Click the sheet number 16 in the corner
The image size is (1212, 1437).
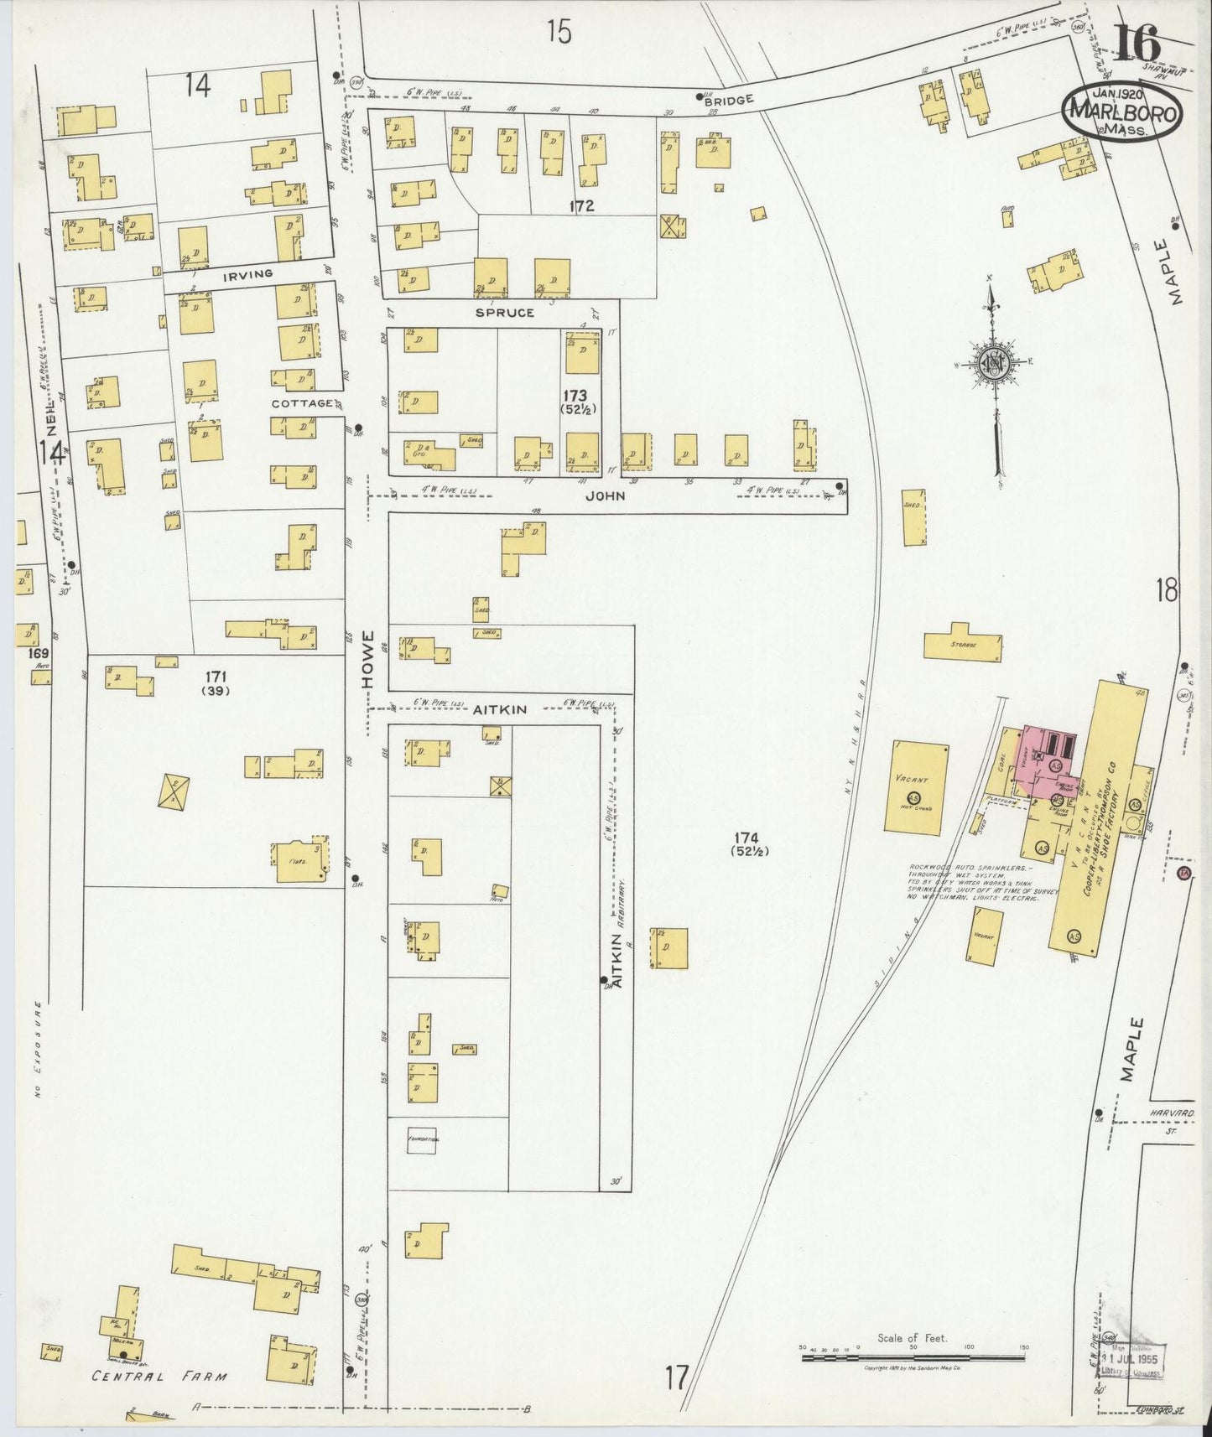click(x=1137, y=42)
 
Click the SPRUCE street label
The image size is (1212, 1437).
click(x=504, y=313)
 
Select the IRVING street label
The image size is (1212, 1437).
click(x=247, y=274)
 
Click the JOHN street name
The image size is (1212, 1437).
click(x=606, y=495)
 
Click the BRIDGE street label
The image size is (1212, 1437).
click(x=729, y=98)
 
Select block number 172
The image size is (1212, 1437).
click(x=580, y=205)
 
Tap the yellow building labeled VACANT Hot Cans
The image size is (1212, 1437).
click(x=918, y=789)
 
